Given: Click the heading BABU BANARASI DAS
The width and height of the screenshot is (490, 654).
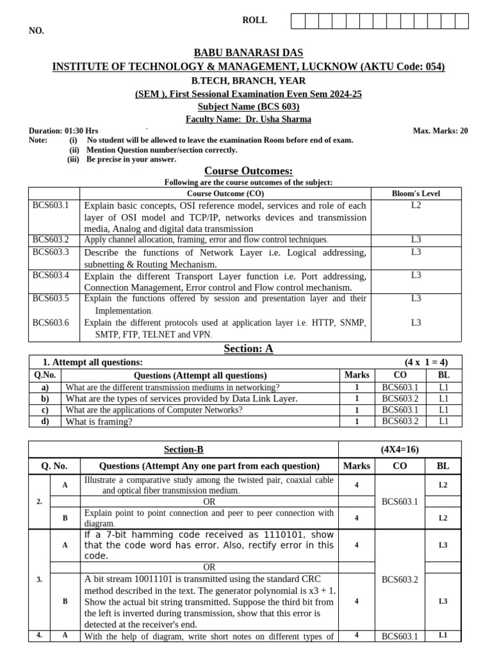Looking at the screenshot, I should (x=248, y=53).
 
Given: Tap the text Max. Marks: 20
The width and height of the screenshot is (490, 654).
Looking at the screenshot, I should (x=440, y=131).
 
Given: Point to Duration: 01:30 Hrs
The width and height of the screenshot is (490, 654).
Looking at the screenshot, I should (x=63, y=131).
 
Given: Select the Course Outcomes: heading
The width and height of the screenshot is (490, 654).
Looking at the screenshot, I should (x=248, y=171).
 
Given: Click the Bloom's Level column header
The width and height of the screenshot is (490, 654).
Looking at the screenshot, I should (x=415, y=194).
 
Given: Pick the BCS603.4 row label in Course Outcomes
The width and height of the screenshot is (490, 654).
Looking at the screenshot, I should (x=50, y=276).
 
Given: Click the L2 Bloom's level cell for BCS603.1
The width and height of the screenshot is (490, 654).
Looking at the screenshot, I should (x=415, y=206).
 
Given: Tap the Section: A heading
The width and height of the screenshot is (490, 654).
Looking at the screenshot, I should (x=248, y=348).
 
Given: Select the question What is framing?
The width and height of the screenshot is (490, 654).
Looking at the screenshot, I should (x=99, y=422).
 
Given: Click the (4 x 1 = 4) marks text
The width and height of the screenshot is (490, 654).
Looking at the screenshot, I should (x=426, y=362).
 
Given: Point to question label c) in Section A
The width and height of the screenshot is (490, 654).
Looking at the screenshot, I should (x=45, y=410).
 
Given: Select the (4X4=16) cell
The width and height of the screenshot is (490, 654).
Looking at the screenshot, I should (x=399, y=450).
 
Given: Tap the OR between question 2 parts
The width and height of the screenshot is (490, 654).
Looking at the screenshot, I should (x=209, y=502).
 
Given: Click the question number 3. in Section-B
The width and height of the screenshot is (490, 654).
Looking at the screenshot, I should (x=39, y=580).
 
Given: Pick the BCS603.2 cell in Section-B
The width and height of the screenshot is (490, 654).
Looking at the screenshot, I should (x=399, y=580).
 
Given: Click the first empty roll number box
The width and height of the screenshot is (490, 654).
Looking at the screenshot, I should (x=298, y=22).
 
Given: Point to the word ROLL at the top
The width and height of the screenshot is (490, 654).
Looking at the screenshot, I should (x=255, y=20).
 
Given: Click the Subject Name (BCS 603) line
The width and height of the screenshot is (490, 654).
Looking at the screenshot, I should (x=248, y=107).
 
